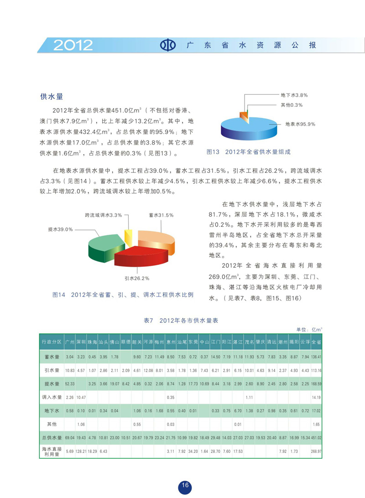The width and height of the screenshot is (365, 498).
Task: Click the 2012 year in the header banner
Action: tap(73, 45)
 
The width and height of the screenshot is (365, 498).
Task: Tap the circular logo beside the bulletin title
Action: tap(169, 46)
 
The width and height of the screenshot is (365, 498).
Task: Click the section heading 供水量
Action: tap(51, 97)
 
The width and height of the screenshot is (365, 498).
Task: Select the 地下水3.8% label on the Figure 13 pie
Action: tap(294, 95)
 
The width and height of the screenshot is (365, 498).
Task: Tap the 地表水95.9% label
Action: tap(300, 124)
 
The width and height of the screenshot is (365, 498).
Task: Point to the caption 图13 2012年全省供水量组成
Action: tap(249, 152)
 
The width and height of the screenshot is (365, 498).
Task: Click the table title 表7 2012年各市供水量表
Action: tap(181, 321)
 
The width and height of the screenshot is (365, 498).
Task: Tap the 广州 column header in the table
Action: tap(70, 342)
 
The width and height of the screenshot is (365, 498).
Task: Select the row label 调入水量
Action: tap(51, 397)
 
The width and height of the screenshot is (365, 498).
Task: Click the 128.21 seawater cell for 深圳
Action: tap(81, 452)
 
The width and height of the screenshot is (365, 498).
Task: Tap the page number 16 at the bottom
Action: tap(185, 486)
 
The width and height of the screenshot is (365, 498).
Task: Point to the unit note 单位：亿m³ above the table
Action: tap(310, 329)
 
